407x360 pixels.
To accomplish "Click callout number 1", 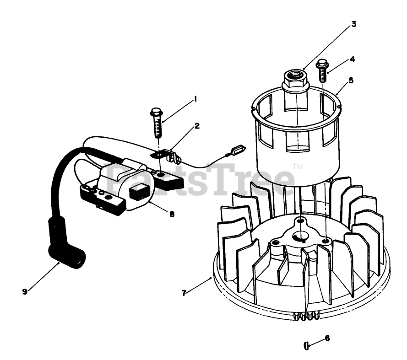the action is point(195,98).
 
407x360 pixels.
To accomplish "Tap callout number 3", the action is point(353,24).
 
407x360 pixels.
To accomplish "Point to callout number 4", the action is point(352,59).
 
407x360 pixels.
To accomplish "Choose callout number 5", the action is point(351,80).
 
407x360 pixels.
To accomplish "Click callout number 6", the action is point(327,339).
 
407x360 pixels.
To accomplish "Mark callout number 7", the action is point(184,293).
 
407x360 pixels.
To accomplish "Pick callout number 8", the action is point(172,214).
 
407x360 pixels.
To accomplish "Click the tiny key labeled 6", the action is point(306,345).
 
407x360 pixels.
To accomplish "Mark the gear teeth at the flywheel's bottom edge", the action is point(304,316).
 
